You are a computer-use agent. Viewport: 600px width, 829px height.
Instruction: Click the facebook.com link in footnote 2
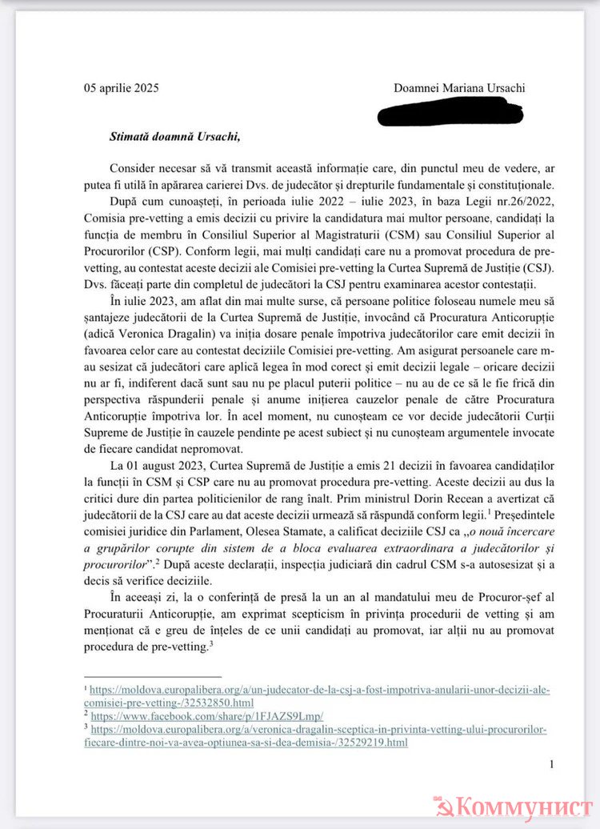coord(206,715)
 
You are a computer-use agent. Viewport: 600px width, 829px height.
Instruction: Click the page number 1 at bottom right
coord(551,765)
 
